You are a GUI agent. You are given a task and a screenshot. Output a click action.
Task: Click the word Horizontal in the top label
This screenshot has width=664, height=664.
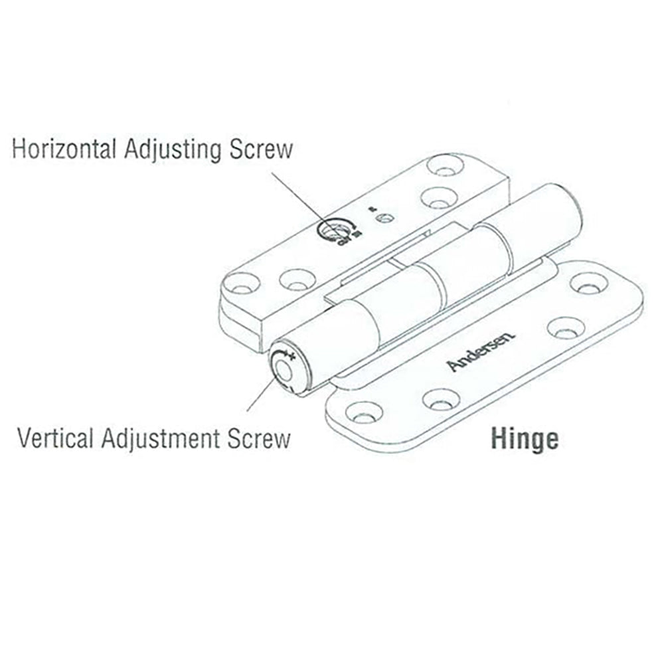65,149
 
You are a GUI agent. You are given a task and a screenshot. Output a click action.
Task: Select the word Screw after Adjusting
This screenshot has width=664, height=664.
260,149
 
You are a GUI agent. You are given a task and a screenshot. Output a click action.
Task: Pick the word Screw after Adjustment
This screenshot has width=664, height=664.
258,439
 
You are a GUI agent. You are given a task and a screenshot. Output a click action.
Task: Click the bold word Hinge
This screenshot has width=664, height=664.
525,439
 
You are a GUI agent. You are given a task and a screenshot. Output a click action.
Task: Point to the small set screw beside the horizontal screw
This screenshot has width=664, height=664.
383,218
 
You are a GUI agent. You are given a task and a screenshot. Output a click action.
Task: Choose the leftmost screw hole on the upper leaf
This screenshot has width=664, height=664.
240,284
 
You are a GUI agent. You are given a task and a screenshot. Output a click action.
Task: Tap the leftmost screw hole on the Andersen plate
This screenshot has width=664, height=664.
363,412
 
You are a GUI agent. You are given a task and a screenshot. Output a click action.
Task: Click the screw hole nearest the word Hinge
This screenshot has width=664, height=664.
441,399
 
